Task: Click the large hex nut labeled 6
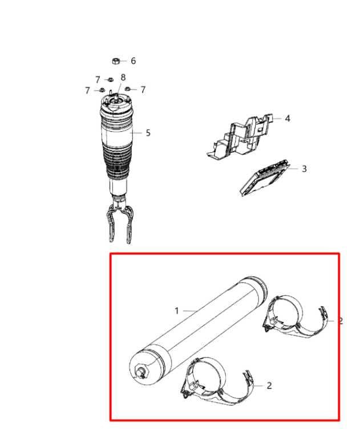[116, 60]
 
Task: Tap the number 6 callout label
[134, 60]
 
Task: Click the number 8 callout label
[123, 78]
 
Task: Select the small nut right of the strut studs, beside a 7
[127, 89]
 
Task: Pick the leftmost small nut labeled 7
[102, 90]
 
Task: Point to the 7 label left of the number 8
[98, 80]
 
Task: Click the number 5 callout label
[148, 133]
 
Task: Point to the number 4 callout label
[288, 119]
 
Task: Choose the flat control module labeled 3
[264, 178]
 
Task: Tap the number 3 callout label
[304, 169]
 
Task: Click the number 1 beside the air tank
[177, 311]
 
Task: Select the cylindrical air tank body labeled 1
[198, 330]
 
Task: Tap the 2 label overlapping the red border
[341, 321]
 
